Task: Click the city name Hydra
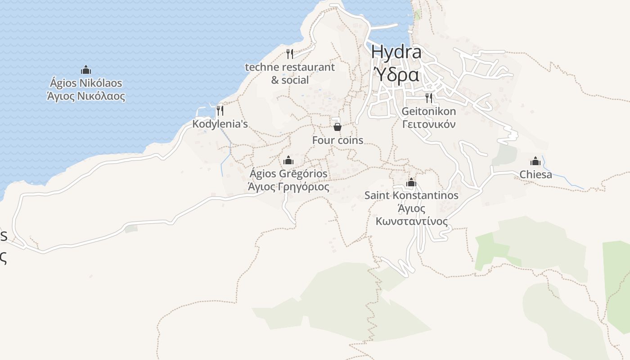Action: (x=396, y=52)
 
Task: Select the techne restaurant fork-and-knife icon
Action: (x=290, y=54)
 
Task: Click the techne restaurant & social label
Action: (x=290, y=73)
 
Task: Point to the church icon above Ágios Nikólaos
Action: (x=86, y=70)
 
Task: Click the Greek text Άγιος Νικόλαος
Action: (x=86, y=96)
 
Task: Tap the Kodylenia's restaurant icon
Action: (x=220, y=110)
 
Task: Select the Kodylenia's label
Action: (x=220, y=124)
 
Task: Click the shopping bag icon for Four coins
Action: (x=337, y=127)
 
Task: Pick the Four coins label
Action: (x=337, y=140)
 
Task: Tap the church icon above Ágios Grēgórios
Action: (x=288, y=160)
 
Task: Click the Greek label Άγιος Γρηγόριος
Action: (x=288, y=187)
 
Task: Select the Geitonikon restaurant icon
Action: (x=429, y=98)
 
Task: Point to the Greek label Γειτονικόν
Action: (x=429, y=124)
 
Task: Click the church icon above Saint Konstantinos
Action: (x=411, y=183)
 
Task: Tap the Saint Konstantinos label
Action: (x=411, y=195)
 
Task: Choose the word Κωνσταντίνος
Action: (x=412, y=222)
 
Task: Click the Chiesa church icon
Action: (x=535, y=161)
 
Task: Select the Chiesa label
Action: (x=535, y=175)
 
